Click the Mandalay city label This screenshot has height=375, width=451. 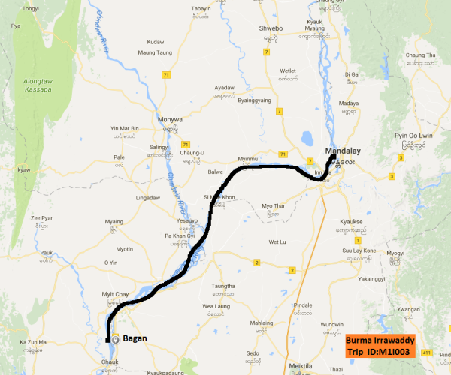pos(343,151)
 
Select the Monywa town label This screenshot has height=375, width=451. pos(171,119)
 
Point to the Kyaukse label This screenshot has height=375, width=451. pos(352,223)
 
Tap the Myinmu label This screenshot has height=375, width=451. pos(247,160)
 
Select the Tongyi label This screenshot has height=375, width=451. pos(31,9)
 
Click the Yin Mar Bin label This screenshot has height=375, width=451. pos(125,129)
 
